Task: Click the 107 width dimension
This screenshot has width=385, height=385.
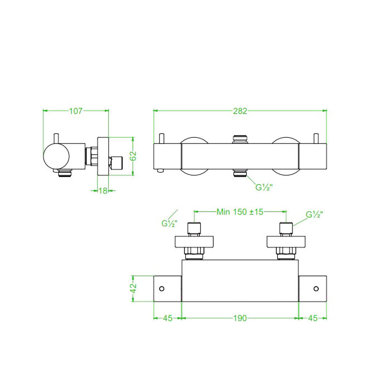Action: coord(75,111)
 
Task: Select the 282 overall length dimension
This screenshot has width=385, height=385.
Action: coord(240,111)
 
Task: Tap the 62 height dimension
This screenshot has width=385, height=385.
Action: coord(133,156)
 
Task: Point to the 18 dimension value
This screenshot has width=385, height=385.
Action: coord(103,191)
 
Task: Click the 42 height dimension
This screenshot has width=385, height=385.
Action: coord(133,288)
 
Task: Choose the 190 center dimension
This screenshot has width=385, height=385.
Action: coord(240,318)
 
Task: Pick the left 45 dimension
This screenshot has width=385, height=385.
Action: coord(167,318)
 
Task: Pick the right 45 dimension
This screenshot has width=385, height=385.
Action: coord(313,318)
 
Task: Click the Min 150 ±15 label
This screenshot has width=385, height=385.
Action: coord(240,212)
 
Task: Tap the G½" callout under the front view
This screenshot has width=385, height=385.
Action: coord(264,187)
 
